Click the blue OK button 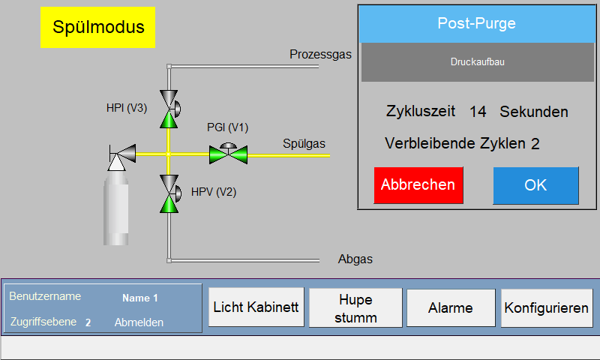(x=535, y=185)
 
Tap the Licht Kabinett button (x=256, y=307)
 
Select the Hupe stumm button (x=355, y=307)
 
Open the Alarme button (x=451, y=307)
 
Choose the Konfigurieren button (x=547, y=307)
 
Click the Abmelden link (x=139, y=322)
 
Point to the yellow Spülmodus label (x=98, y=27)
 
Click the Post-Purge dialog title (x=477, y=23)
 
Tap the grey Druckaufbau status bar (x=478, y=62)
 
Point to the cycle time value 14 (x=478, y=112)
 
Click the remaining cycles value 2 (x=535, y=144)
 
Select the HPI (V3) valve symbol (x=169, y=109)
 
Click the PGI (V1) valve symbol (x=229, y=154)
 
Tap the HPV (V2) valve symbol (x=169, y=193)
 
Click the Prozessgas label (x=321, y=54)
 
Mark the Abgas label (x=355, y=259)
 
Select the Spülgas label (x=304, y=143)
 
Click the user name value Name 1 (x=140, y=298)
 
